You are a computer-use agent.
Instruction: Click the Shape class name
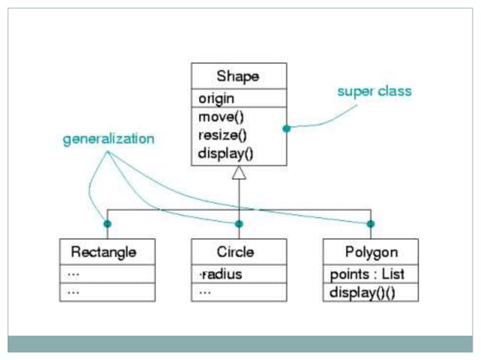[x=238, y=76]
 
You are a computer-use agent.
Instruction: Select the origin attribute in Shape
[x=216, y=99]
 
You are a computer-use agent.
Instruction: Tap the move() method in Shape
[x=221, y=117]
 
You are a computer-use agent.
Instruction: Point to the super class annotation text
[x=374, y=91]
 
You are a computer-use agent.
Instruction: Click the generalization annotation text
[x=109, y=139]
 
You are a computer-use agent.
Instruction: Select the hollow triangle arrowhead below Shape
[x=239, y=173]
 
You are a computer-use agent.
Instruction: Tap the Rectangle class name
[x=103, y=251]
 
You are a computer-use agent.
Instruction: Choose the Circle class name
[x=235, y=251]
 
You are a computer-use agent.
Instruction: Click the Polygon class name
[x=371, y=251]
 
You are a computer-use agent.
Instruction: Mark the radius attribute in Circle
[x=221, y=274]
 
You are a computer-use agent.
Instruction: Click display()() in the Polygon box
[x=362, y=292]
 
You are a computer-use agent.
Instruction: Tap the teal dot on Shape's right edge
[x=286, y=129]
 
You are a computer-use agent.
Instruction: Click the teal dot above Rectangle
[x=107, y=224]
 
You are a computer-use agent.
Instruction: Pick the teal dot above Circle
[x=239, y=224]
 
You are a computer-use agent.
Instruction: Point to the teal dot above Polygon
[x=370, y=224]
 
